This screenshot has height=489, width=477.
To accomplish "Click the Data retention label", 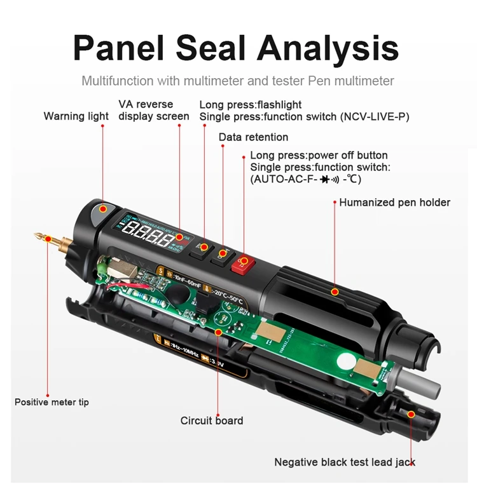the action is tap(253, 137).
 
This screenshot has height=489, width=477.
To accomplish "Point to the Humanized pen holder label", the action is tap(394, 203).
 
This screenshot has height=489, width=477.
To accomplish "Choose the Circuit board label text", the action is tap(212, 420).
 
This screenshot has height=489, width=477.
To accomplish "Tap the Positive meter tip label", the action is tap(52, 402).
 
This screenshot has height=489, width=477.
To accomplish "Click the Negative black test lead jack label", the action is tap(345, 462).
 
